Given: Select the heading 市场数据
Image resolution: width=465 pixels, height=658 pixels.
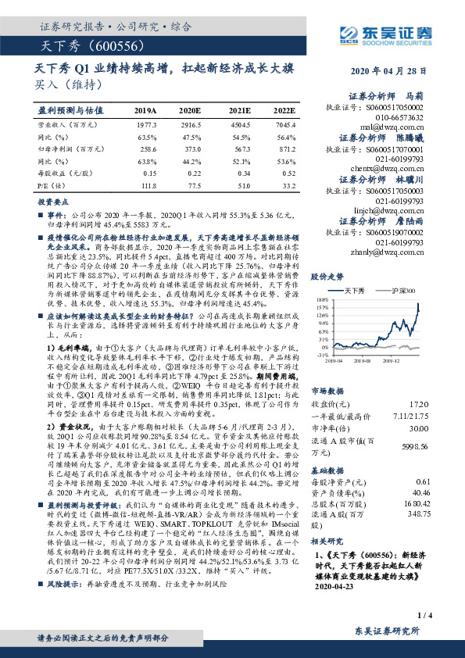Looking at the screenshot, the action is coord(327,389).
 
